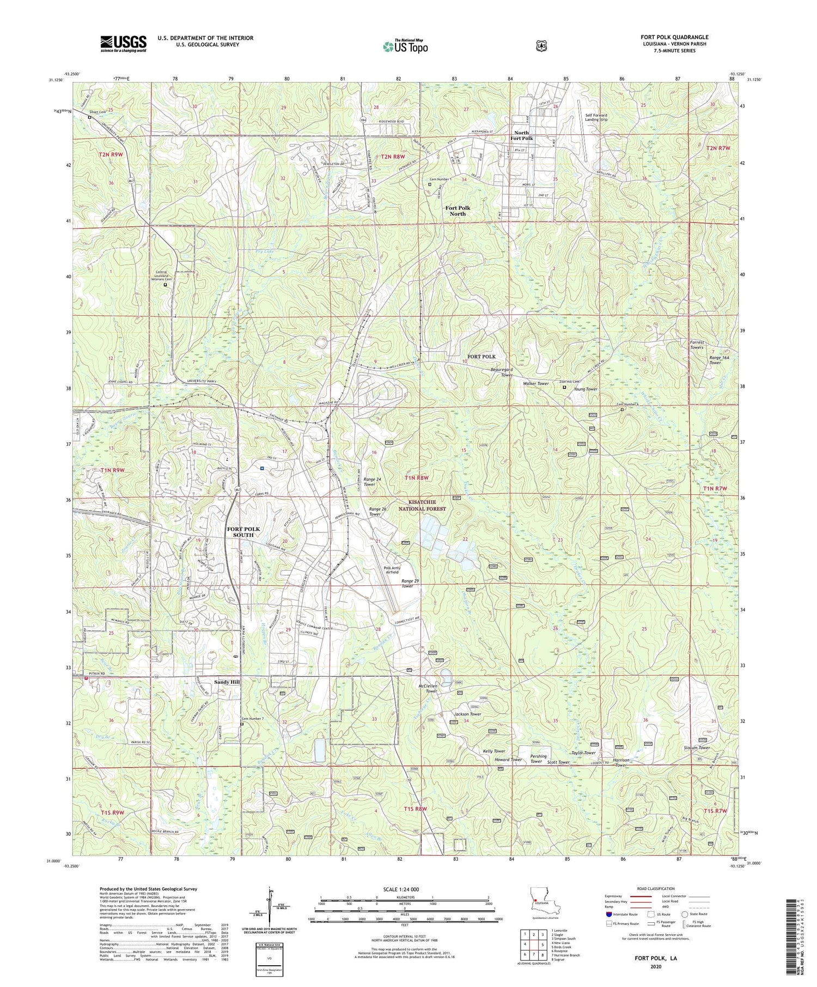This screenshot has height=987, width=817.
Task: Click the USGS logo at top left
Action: coord(123,44)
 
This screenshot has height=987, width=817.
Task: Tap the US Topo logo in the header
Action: coord(405,46)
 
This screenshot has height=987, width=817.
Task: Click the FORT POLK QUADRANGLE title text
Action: coord(674,37)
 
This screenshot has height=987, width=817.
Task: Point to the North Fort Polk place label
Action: coord(521,136)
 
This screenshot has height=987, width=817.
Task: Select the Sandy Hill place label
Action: coord(227,682)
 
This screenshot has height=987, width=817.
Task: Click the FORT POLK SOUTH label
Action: coord(243,532)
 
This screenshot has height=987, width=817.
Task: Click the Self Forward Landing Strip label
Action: coord(596,117)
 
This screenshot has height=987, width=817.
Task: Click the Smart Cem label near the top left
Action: coord(97,112)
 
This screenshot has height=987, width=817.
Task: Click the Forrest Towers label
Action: coord(697,345)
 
